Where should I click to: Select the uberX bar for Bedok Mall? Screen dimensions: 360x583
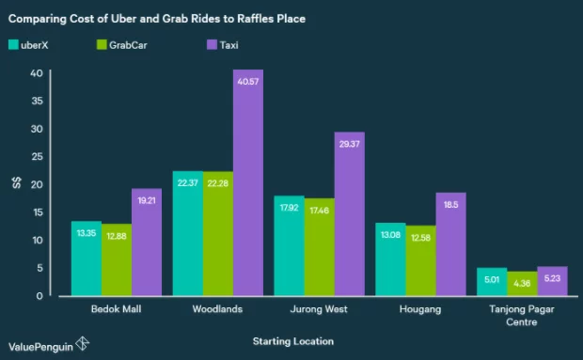[87, 258]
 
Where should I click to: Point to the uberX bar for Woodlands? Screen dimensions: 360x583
[188, 234]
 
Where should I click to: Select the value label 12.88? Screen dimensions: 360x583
[117, 235]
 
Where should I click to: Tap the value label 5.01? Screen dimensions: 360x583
[492, 278]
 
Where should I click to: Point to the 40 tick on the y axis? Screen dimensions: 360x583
[36, 72]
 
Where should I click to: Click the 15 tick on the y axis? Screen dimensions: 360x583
[36, 212]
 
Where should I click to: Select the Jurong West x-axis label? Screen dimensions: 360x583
[320, 308]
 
